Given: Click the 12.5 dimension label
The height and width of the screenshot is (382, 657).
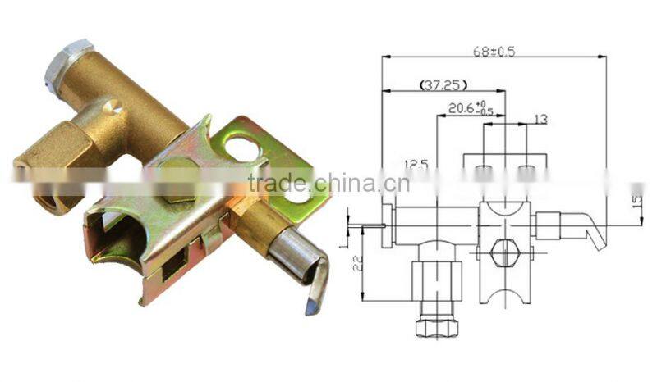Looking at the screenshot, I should (x=418, y=163).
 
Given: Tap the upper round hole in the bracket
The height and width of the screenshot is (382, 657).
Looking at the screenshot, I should (x=241, y=148).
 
